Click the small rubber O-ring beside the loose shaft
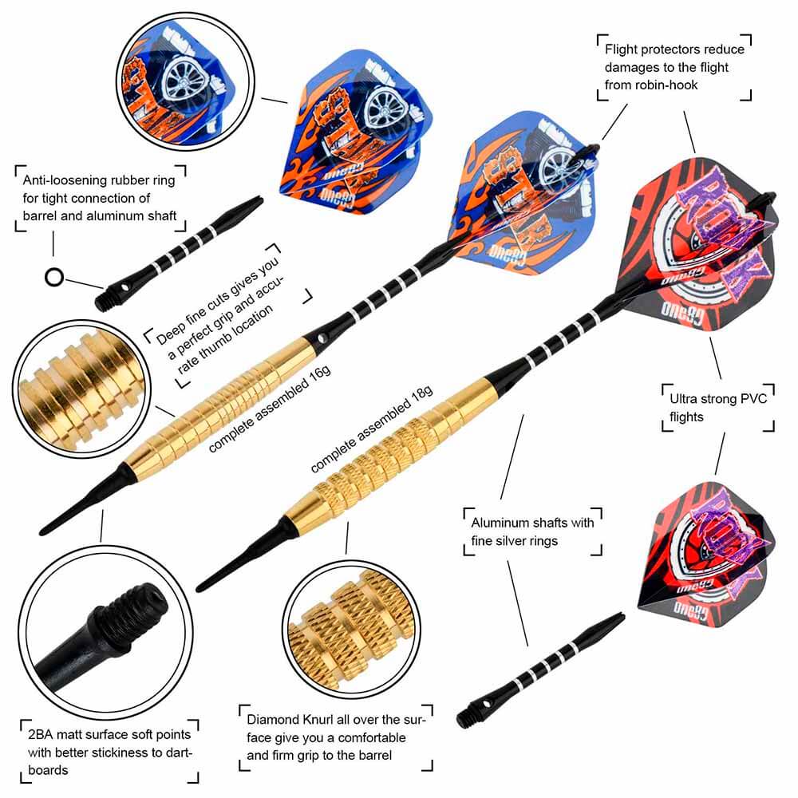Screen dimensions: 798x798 coord(53,278)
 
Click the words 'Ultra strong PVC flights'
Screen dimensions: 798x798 coord(717,407)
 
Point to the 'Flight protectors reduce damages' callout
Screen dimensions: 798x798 coord(671,68)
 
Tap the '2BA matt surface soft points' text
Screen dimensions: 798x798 coord(108,751)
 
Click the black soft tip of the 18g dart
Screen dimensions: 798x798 coord(239,559)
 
